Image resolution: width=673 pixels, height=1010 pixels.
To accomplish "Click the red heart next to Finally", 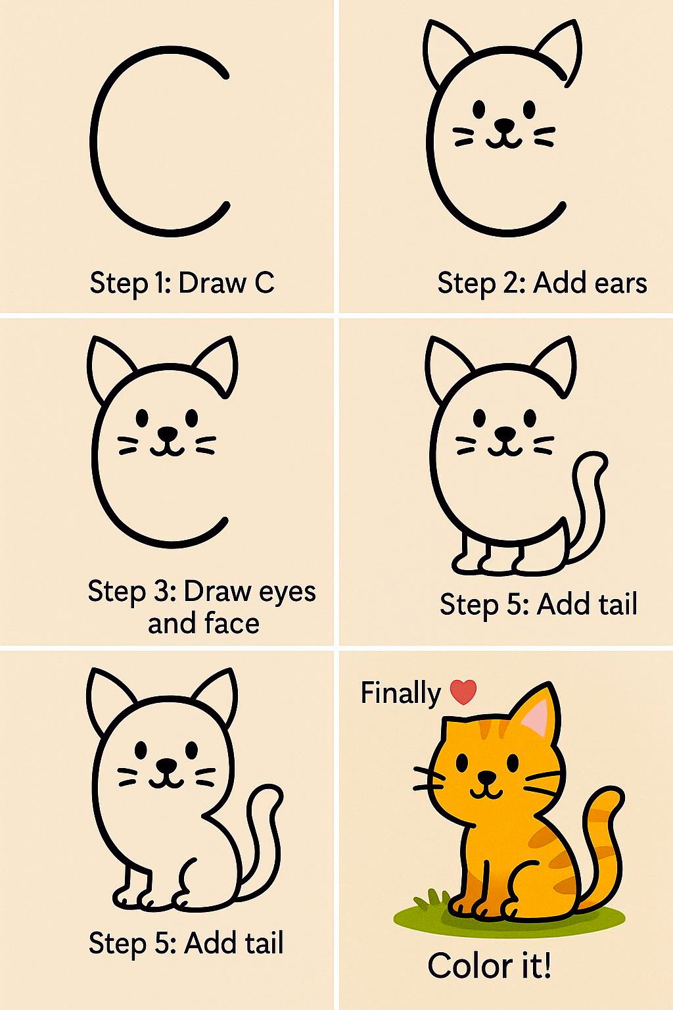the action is [x=463, y=692].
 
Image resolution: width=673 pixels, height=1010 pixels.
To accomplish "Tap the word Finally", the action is [x=400, y=693].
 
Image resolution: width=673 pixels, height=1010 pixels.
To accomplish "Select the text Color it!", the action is [x=490, y=966].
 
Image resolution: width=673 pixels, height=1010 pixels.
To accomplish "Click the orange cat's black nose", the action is [x=487, y=777].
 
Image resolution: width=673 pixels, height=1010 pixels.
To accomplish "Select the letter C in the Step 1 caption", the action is [x=264, y=283].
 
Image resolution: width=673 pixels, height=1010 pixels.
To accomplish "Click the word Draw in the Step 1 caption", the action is [x=213, y=283].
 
